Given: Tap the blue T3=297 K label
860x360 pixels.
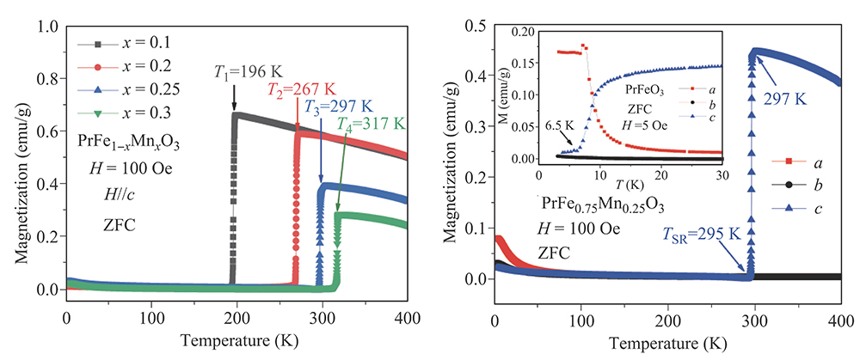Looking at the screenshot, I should click(x=338, y=107).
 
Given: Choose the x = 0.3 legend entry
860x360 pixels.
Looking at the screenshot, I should click(x=137, y=112).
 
